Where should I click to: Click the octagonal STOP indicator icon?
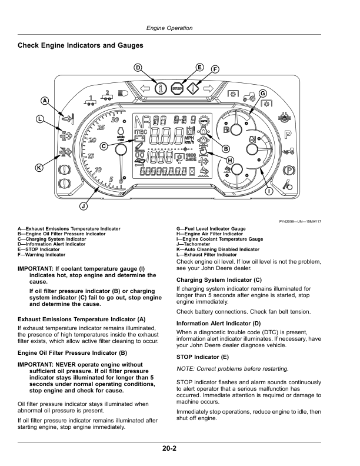[177, 88]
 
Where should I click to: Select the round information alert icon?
[161, 88]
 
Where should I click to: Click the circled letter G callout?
[263, 94]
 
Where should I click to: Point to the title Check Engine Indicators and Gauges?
[81, 45]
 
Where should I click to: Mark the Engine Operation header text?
[169, 28]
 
